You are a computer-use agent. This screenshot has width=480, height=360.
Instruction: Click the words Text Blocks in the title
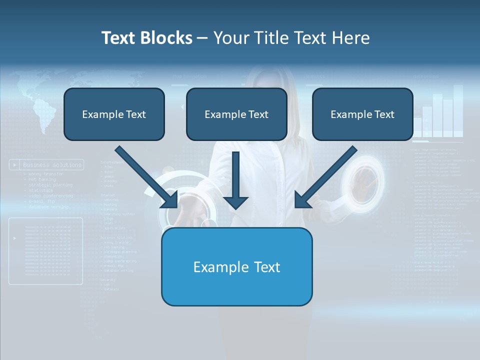pos(146,38)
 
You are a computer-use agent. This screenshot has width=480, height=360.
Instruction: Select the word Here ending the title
pos(352,38)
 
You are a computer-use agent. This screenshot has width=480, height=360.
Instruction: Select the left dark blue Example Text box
pos(114,114)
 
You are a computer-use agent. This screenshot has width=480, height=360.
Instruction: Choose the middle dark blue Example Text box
pos(236,114)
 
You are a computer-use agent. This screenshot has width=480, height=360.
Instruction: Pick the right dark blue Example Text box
pos(362,114)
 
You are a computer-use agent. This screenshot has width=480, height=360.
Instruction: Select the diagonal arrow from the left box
pos(147,177)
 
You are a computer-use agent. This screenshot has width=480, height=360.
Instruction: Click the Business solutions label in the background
pos(52,164)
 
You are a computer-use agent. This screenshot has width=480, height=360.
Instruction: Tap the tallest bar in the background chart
pos(458,110)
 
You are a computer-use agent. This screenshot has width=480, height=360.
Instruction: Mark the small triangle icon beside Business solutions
pos(15,164)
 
